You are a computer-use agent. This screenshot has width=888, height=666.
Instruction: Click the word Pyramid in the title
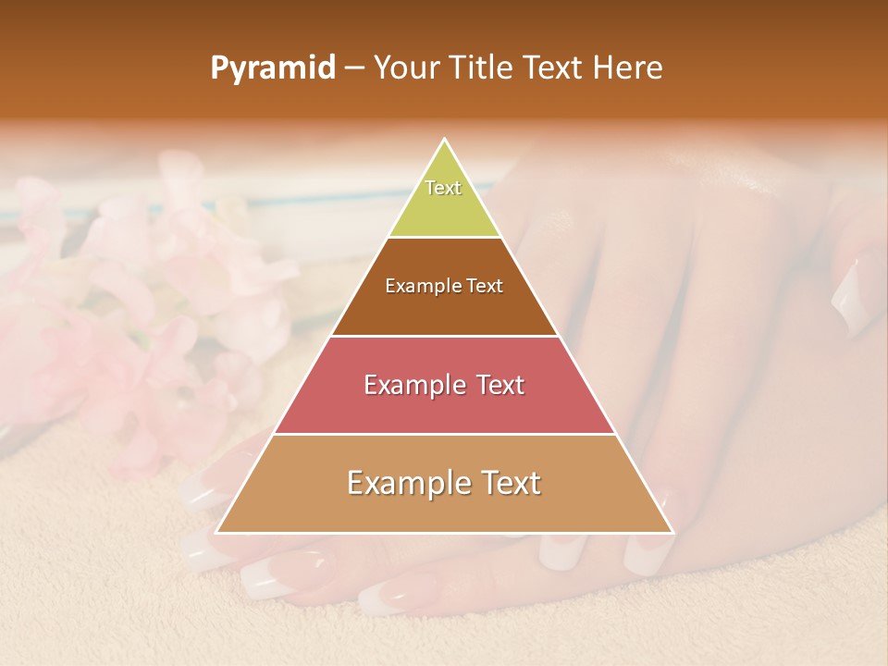click(x=273, y=68)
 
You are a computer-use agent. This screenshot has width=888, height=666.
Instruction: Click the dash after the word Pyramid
click(x=354, y=68)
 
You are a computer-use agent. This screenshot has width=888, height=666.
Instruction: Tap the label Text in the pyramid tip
click(x=443, y=188)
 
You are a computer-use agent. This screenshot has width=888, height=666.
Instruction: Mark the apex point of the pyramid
click(x=445, y=139)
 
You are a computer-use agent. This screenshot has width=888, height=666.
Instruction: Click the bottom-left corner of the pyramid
click(x=216, y=533)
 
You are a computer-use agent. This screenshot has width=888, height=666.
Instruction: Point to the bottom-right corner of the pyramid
click(x=673, y=533)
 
